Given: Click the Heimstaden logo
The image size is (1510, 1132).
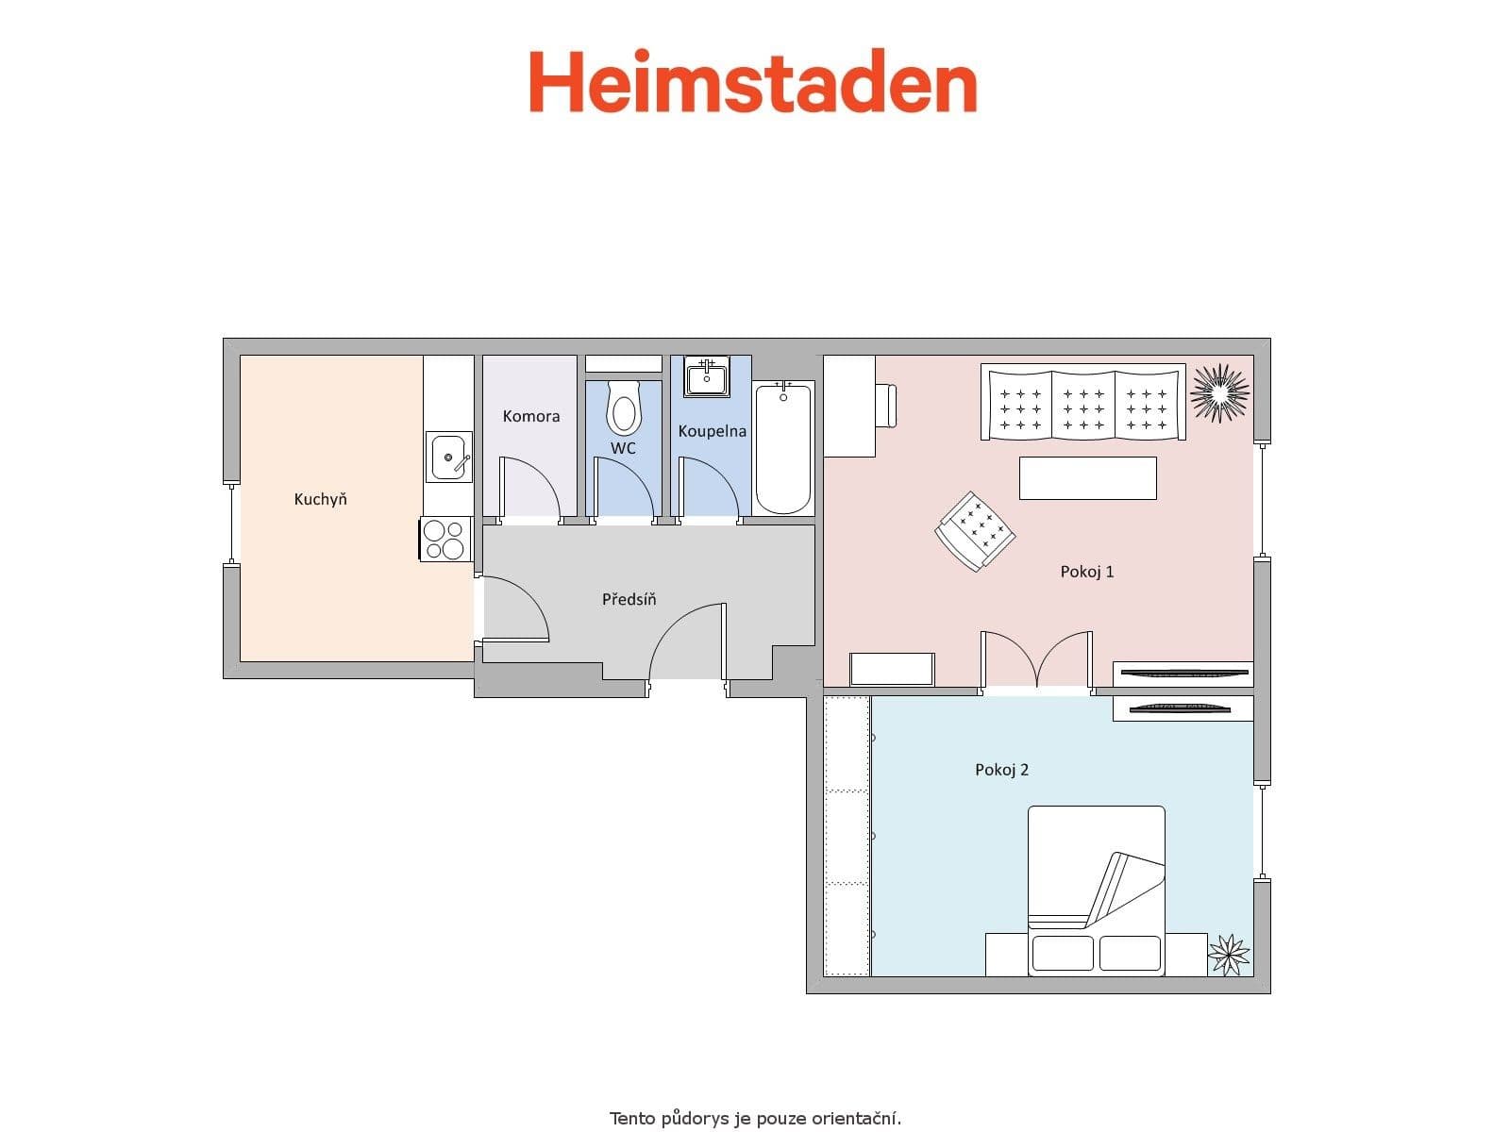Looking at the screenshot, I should tap(752, 82).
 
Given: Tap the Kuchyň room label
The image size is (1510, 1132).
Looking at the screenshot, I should tap(320, 499).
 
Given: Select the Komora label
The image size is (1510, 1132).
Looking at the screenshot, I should tap(530, 416).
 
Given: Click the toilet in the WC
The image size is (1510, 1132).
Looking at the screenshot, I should tap(623, 410).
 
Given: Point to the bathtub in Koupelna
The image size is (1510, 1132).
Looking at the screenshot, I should tap(783, 447).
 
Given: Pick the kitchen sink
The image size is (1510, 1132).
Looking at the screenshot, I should tap(448, 458).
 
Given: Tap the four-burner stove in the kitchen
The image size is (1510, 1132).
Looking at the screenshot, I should tap(445, 540).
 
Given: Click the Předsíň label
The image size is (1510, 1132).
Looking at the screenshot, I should tap(629, 599).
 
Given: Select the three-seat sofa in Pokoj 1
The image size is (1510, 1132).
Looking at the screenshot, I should tap(1083, 404).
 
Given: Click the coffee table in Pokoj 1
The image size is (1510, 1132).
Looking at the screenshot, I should tap(1087, 477).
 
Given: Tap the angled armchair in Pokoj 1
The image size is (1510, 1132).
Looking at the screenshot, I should tap(975, 530).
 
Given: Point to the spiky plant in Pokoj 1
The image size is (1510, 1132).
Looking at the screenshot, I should tap(1220, 391).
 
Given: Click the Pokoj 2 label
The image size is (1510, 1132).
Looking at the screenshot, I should tap(1001, 770).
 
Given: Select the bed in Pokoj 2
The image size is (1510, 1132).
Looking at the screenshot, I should tap(1096, 890).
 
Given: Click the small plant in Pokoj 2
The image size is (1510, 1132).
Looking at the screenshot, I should tap(1229, 954).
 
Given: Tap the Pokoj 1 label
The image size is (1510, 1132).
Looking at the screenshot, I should tap(1087, 572).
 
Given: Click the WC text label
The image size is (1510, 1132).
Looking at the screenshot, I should tap(623, 448).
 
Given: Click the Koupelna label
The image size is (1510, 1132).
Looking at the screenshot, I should tap(712, 431).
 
